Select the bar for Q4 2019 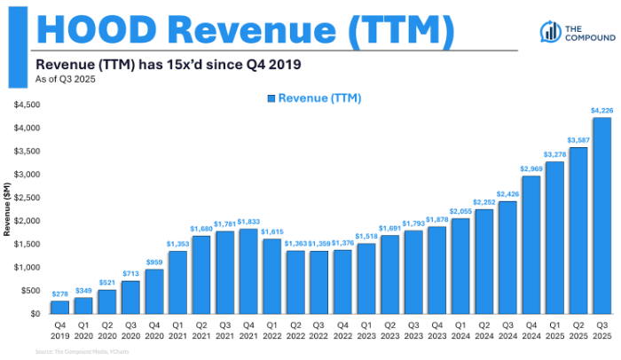point(59,308)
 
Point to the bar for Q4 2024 point(531,245)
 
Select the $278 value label point(59,293)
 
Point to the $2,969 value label point(531,168)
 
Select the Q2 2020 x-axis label point(107,330)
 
